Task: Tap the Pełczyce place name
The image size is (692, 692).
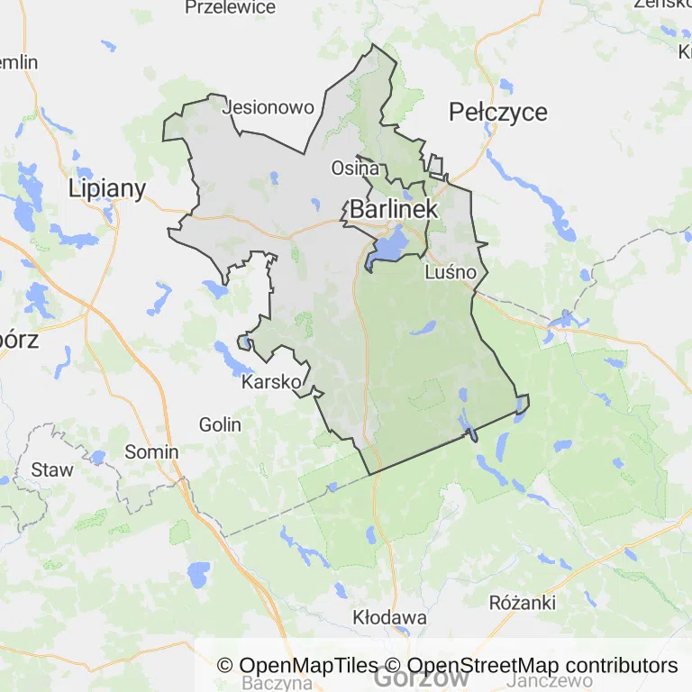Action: coord(497,112)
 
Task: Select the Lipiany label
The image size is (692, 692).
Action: coord(107,188)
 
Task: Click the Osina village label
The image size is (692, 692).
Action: coord(354,168)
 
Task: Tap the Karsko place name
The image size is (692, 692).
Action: coord(271,382)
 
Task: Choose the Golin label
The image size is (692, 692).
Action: coord(220,423)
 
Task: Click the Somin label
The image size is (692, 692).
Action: coord(151,451)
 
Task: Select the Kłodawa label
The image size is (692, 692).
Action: coord(389,619)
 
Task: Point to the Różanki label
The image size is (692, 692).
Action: coord(523,602)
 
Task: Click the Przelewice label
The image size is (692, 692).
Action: coord(230,7)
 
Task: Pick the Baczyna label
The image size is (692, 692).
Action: coord(278,684)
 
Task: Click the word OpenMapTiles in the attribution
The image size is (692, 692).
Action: coord(307,666)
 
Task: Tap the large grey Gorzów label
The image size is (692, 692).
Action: coord(421,678)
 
